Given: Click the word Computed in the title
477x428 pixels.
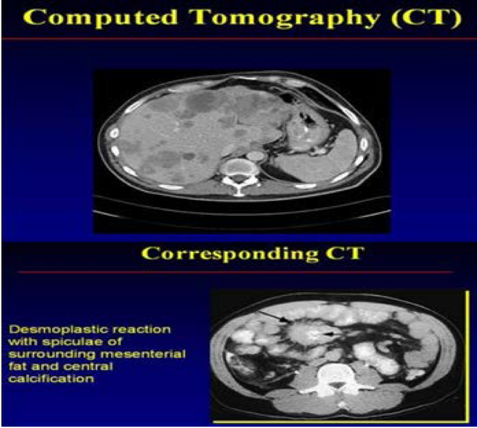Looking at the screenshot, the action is pos(100,18).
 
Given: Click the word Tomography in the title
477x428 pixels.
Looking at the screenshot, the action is pos(285,18).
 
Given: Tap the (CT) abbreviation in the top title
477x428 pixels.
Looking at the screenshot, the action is pos(427,18).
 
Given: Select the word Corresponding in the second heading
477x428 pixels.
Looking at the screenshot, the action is pos(230,254).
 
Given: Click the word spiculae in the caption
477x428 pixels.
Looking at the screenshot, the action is pos(82,342).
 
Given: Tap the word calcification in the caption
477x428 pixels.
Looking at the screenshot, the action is pos(51,379).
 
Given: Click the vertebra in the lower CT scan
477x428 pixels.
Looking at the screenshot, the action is pos(337,380).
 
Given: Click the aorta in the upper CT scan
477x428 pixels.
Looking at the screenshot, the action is pos(256,156).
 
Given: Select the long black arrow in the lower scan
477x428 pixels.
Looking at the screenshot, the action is pos(274,317).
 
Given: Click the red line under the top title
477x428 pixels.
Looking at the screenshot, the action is pos(238,39).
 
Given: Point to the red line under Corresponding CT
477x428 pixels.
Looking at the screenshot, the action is pos(236,272).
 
